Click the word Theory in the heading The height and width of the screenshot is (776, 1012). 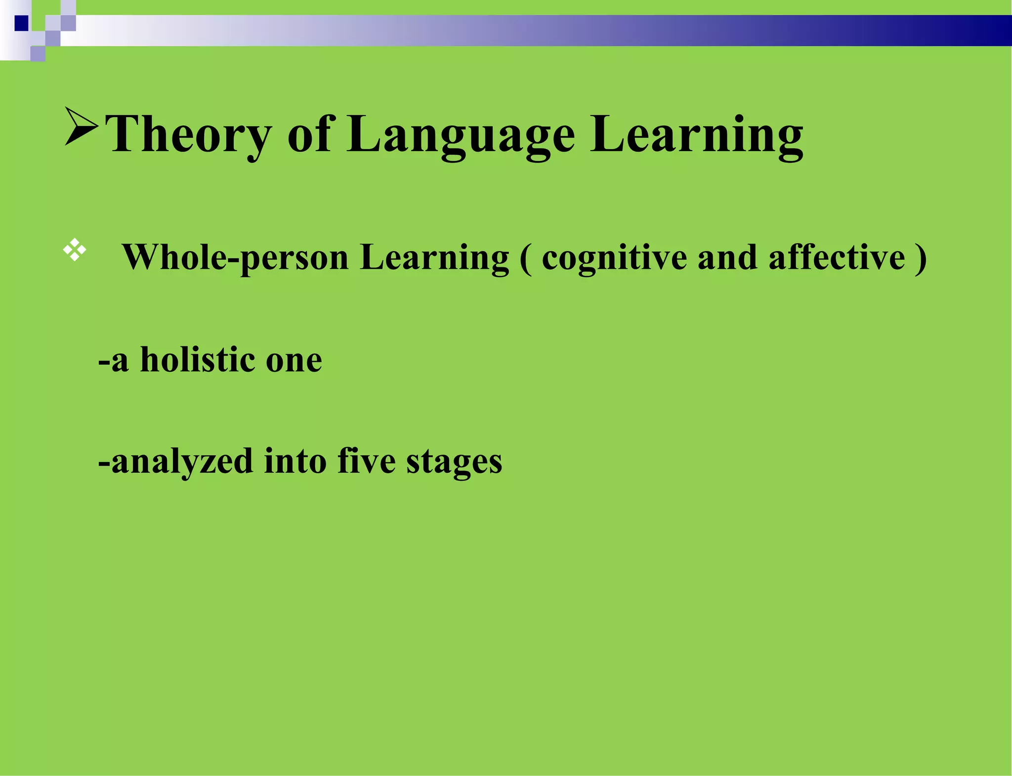coord(188,134)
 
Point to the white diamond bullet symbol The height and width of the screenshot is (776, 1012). coord(75,250)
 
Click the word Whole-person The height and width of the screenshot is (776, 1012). coord(235,258)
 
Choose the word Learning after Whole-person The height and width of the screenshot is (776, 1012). coord(434,258)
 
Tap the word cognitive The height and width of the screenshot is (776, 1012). coord(614,258)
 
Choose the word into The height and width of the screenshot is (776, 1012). coord(295,460)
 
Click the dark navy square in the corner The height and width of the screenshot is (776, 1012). coord(21,23)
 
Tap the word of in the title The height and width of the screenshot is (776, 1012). coord(309,134)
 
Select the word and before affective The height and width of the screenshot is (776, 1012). coord(727,258)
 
